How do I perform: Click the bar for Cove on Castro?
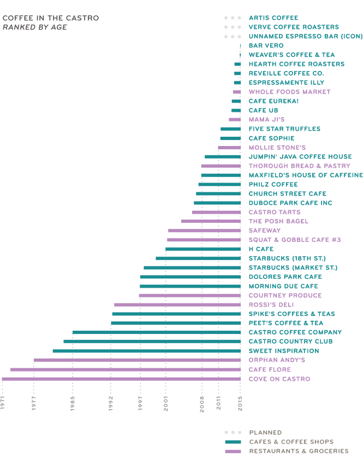tap(121, 379)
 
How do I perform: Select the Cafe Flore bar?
tap(126, 369)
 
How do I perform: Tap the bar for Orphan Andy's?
tap(137, 360)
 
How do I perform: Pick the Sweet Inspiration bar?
tap(146, 351)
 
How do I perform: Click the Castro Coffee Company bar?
tap(157, 332)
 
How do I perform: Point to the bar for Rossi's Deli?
tap(177, 305)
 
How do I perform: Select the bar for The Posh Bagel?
tap(211, 221)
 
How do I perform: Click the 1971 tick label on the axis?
tap(3, 404)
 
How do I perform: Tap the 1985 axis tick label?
tap(73, 404)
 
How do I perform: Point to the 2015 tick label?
tap(241, 404)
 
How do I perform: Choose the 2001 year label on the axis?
tap(166, 404)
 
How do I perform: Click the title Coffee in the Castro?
tap(51, 18)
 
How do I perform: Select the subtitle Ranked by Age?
tap(35, 27)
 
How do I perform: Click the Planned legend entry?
tap(265, 433)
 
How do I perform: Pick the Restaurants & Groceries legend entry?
tap(299, 451)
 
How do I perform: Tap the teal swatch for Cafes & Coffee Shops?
tap(233, 442)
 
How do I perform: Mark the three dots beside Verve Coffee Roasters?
tap(232, 27)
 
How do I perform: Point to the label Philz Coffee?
tap(273, 184)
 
